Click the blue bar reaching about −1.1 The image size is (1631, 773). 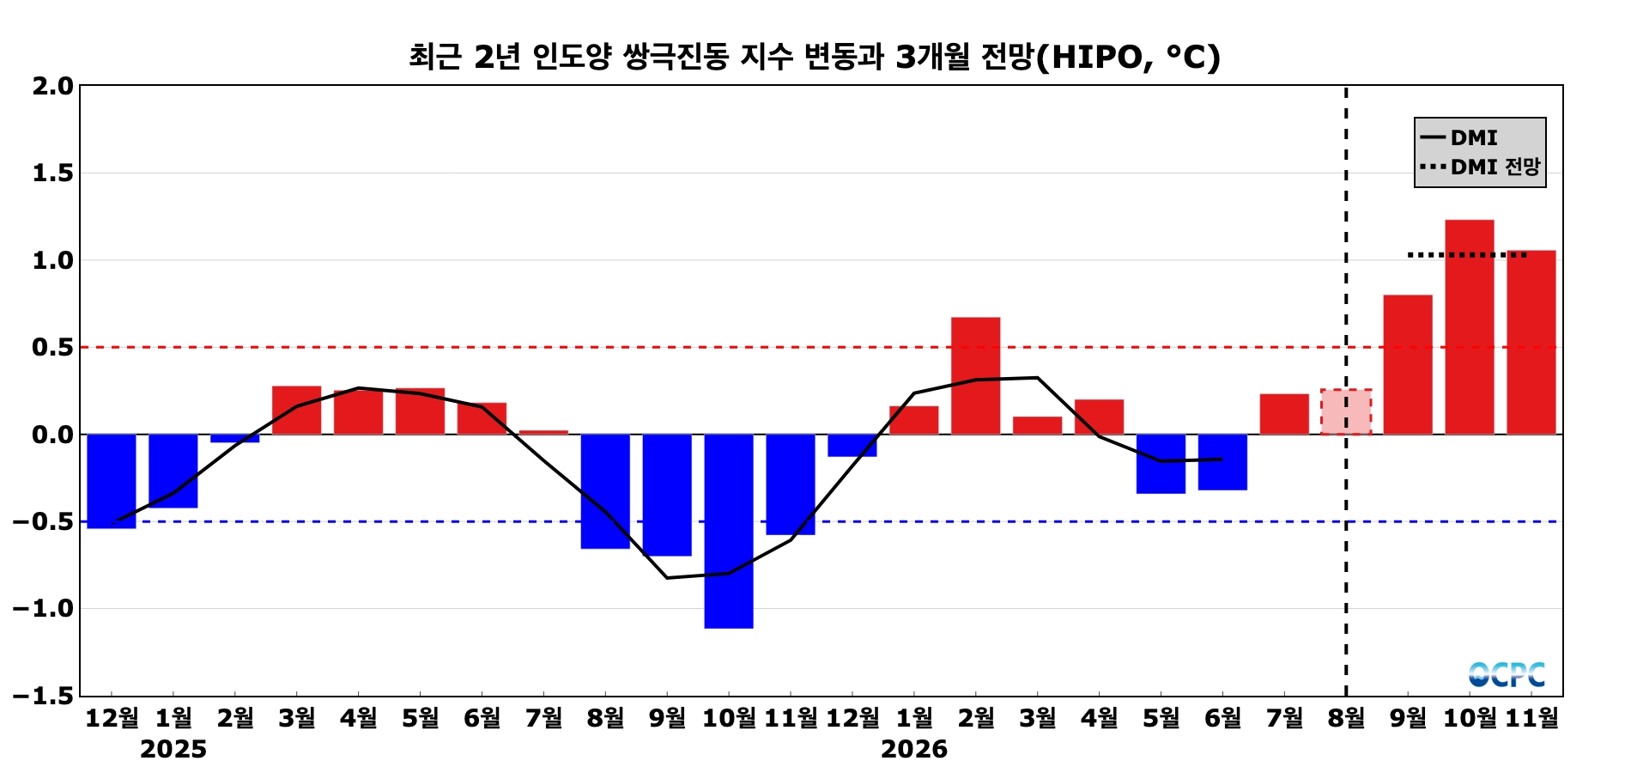point(729,531)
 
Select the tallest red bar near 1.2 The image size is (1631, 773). point(1470,327)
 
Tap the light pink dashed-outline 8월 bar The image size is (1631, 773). point(1346,412)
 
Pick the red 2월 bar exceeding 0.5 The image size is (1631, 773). point(976,376)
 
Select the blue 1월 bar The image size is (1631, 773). point(173,471)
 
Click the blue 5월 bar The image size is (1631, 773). point(1161,464)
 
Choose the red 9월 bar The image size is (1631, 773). point(1408,365)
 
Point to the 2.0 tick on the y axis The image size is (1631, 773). point(53,86)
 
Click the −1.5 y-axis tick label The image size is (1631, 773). point(43,696)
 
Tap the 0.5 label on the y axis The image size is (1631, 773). point(53,348)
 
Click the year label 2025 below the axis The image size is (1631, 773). point(173,750)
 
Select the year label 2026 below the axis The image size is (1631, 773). point(914,750)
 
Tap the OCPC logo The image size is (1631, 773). point(1507,675)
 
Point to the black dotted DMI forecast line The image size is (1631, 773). point(1467,255)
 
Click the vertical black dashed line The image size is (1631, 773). point(1346,391)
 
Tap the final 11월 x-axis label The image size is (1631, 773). point(1531,717)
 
